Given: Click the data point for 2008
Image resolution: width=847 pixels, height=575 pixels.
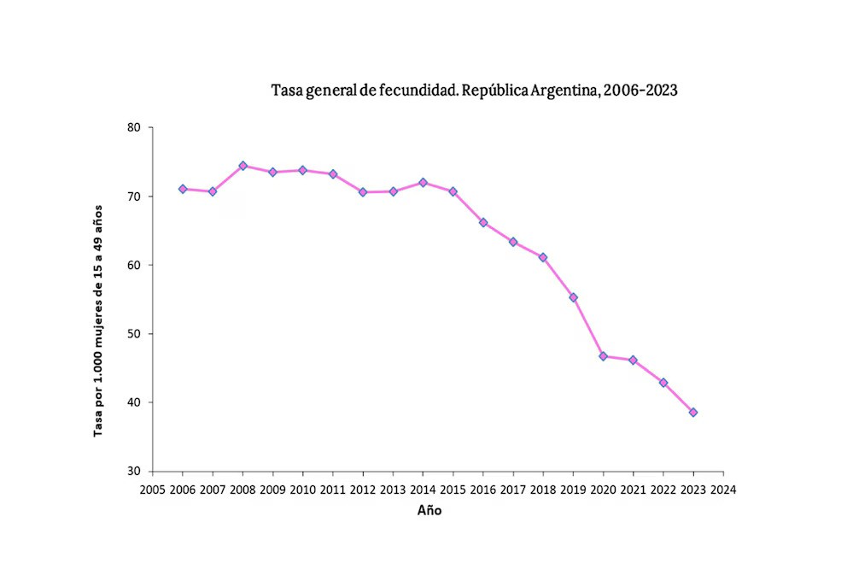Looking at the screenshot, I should click(x=242, y=166).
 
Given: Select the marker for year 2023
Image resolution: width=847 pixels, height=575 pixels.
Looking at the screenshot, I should click(x=693, y=412).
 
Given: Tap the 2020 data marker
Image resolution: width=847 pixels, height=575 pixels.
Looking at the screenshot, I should click(x=603, y=355).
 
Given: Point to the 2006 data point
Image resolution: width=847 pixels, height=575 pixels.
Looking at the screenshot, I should click(x=183, y=189).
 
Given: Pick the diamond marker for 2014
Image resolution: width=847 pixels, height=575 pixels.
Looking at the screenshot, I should click(x=423, y=182).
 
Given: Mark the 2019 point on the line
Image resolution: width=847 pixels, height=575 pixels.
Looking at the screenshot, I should click(x=573, y=297).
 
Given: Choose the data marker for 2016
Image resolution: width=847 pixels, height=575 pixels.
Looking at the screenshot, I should click(x=483, y=222).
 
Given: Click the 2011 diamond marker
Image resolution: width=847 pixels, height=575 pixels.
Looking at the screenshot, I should click(x=333, y=173).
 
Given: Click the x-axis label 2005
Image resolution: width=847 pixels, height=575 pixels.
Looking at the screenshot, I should click(x=152, y=490).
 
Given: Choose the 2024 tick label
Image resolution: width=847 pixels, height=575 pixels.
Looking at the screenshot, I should click(x=723, y=490).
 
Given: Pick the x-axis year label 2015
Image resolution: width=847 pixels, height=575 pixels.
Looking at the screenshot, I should click(x=453, y=490).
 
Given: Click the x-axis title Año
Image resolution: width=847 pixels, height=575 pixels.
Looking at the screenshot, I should click(x=429, y=511).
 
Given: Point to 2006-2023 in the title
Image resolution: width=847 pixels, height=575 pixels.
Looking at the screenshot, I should click(x=640, y=90).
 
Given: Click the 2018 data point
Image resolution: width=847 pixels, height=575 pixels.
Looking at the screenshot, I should click(x=543, y=257).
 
